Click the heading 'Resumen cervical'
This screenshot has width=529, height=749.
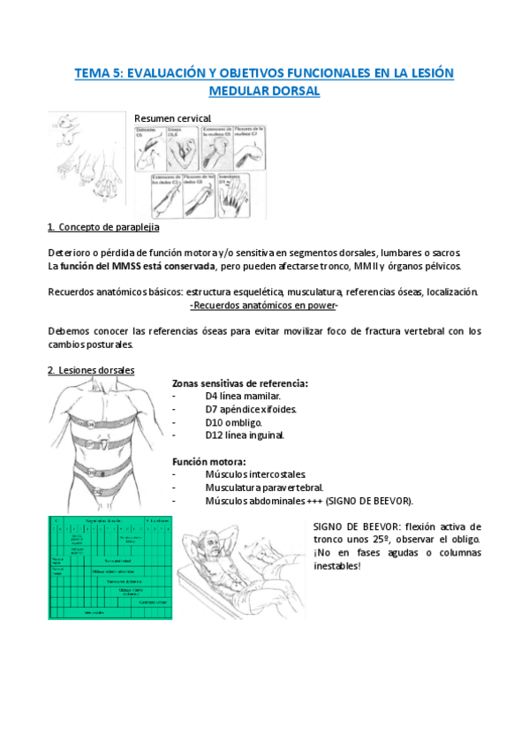[x=172, y=117]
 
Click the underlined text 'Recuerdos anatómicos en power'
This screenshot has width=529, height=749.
[x=265, y=305]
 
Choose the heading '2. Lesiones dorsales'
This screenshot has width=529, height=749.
[x=91, y=370]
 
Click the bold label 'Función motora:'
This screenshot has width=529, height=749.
[x=208, y=462]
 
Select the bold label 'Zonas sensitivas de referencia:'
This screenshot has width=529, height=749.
[x=240, y=383]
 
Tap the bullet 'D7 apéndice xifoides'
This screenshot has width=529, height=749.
[x=251, y=409]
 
